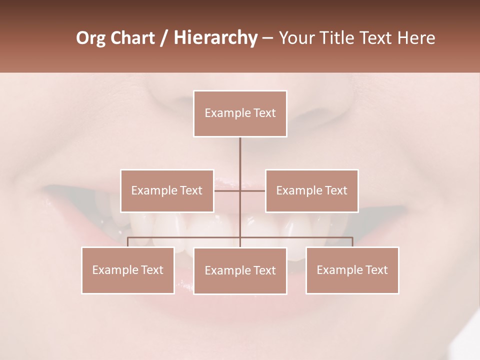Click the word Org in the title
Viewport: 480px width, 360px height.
(x=91, y=38)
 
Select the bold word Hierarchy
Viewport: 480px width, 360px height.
(x=215, y=38)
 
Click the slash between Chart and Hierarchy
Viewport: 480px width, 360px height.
(x=164, y=38)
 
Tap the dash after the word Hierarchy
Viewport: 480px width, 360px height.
(x=267, y=38)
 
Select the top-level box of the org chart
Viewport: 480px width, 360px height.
(x=240, y=113)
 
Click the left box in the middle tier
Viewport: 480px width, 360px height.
(x=167, y=191)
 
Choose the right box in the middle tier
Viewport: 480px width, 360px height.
(x=311, y=191)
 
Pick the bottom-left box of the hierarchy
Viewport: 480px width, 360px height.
(x=128, y=270)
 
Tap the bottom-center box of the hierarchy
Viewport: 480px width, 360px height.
(x=240, y=270)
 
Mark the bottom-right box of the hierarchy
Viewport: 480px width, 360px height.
(x=352, y=270)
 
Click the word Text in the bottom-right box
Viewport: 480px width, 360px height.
(x=376, y=270)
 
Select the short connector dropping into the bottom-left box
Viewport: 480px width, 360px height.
(x=128, y=242)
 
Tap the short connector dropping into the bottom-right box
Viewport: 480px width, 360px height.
(x=352, y=242)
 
